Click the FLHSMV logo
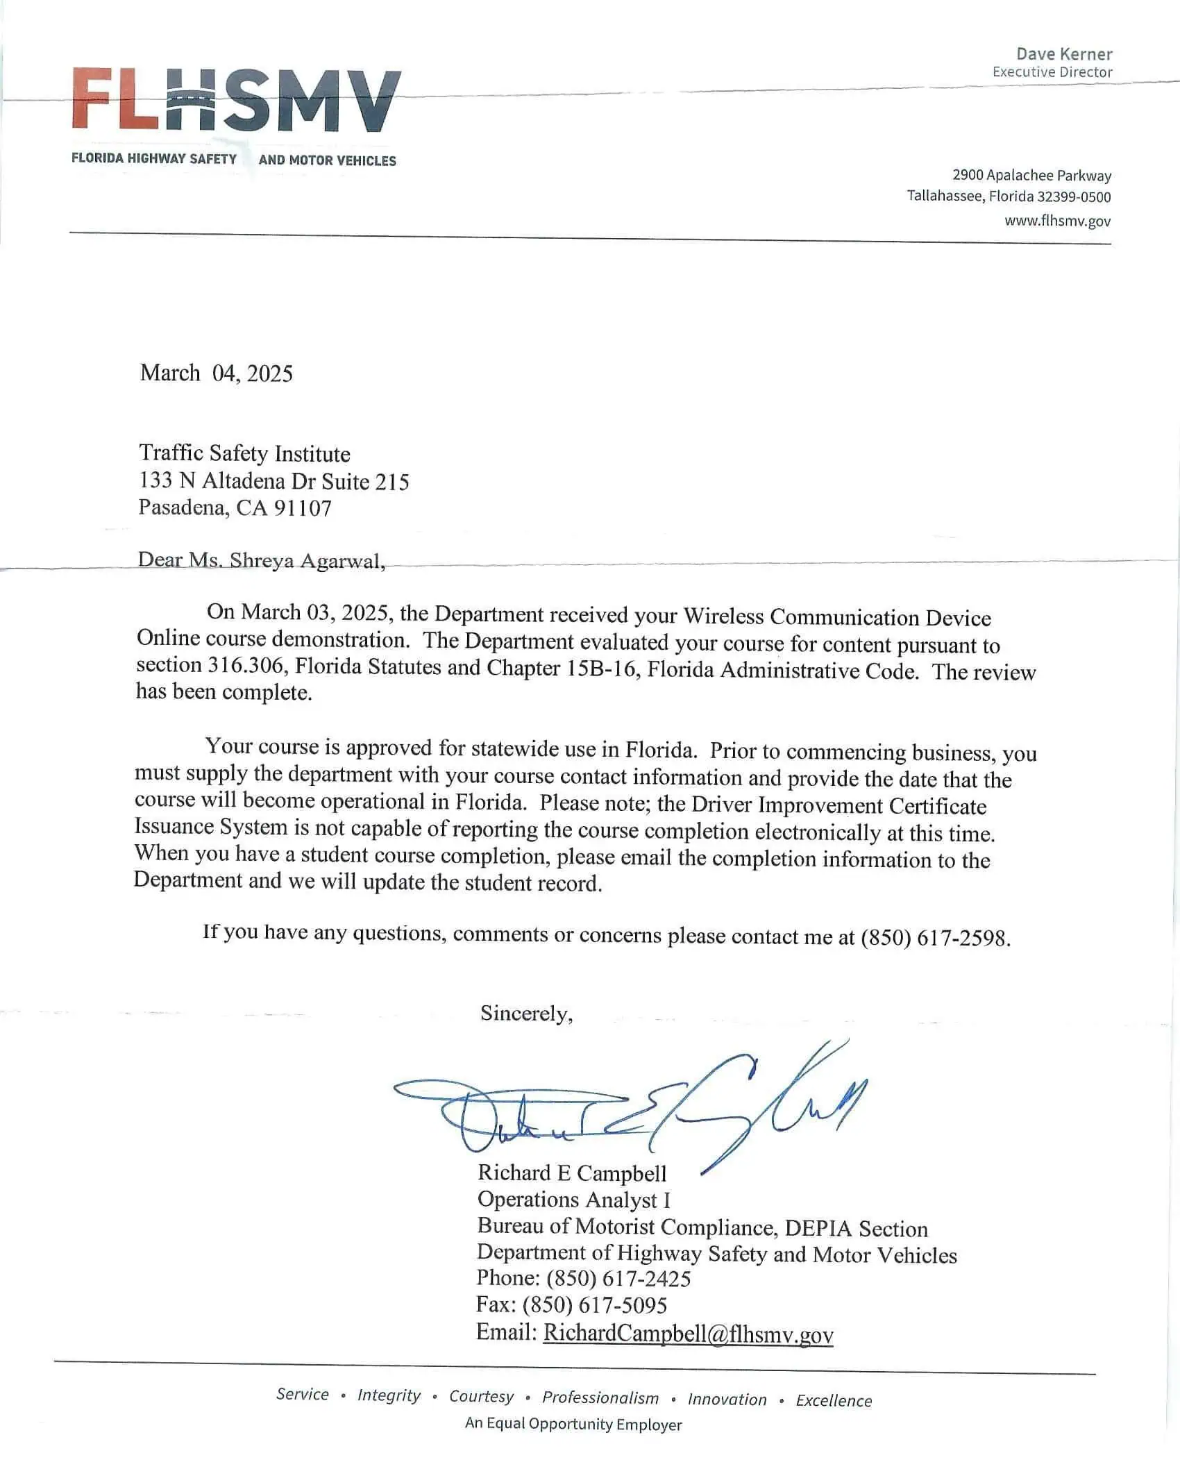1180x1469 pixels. [236, 101]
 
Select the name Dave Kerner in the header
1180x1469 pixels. [1064, 54]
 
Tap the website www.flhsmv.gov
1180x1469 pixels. [1057, 221]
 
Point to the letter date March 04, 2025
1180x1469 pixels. [216, 373]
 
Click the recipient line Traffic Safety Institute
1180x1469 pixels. [244, 454]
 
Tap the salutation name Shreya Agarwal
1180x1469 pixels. [307, 561]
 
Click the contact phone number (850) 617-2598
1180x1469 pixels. [934, 939]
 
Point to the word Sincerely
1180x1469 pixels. [526, 1014]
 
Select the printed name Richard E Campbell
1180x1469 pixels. [572, 1173]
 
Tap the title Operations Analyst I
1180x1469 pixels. [573, 1200]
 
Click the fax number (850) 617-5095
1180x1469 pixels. [594, 1305]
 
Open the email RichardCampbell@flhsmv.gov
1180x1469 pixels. [688, 1333]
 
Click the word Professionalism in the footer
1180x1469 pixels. [600, 1397]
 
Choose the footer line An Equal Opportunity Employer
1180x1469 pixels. [573, 1424]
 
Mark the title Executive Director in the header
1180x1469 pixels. [1052, 72]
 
